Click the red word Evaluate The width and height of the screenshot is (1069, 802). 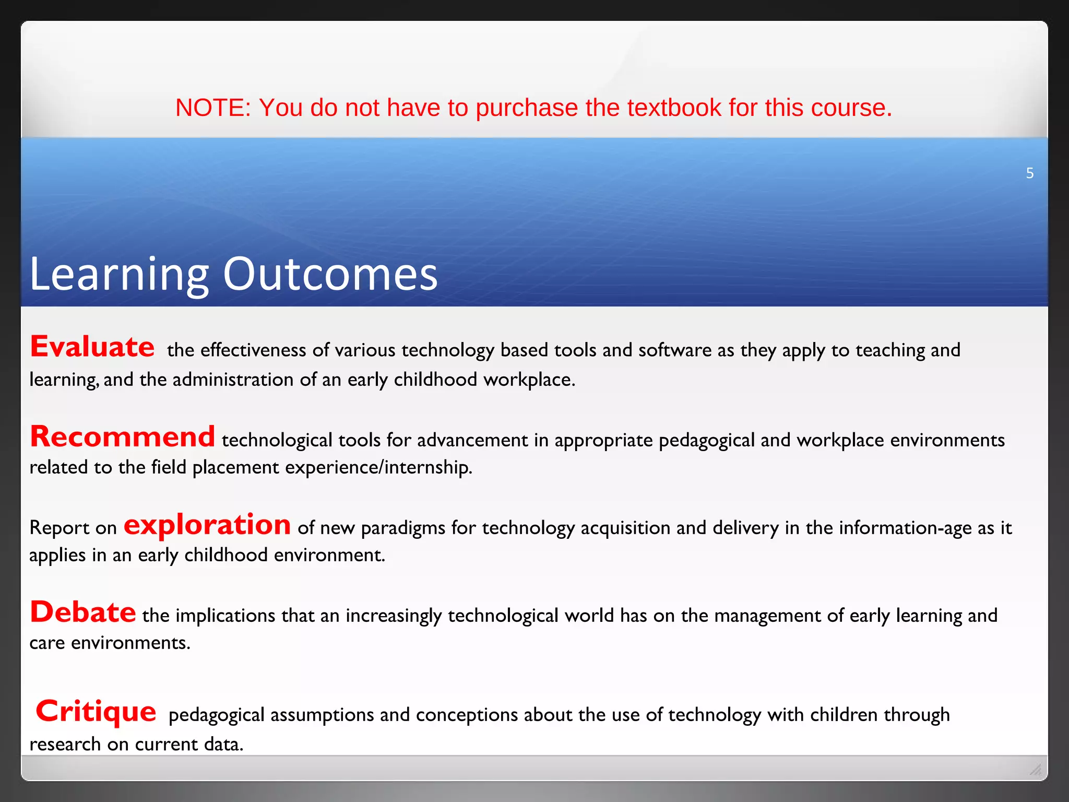(92, 347)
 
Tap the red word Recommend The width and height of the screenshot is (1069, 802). (122, 437)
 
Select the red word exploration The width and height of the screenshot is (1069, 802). (207, 525)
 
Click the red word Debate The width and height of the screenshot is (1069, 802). (83, 612)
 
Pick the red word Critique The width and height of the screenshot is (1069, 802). (96, 711)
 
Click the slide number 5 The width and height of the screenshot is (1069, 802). (1029, 173)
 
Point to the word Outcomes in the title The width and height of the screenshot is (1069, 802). (330, 274)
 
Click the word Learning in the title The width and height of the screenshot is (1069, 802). (119, 274)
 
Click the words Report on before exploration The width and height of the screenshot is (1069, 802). (73, 528)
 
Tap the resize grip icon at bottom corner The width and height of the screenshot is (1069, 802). (1036, 769)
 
